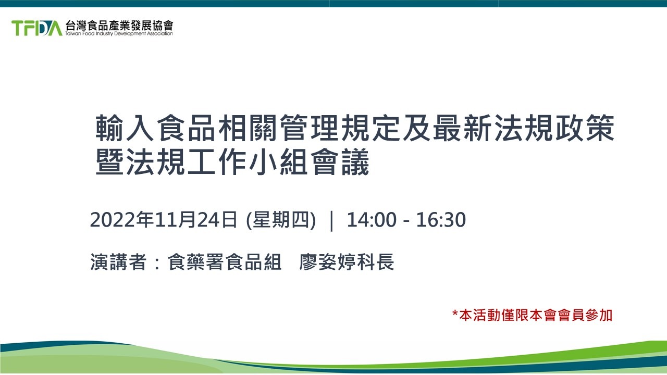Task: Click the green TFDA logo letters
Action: coord(36,28)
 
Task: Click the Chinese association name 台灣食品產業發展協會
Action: coord(119,25)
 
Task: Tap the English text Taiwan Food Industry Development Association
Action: coord(119,34)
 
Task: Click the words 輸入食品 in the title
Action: coord(155,128)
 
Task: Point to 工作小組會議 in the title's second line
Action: coord(279,162)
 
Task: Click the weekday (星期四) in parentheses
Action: coord(281,220)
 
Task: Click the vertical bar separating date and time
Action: coord(332,220)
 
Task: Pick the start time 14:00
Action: coord(372,220)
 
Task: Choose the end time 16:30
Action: coord(441,220)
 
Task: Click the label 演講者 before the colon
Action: coord(118,262)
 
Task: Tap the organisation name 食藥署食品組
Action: coord(225,262)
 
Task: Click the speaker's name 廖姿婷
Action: coord(328,262)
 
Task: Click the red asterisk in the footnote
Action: coord(455,314)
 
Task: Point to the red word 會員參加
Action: coord(584,316)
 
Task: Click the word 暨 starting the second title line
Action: coord(109,162)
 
